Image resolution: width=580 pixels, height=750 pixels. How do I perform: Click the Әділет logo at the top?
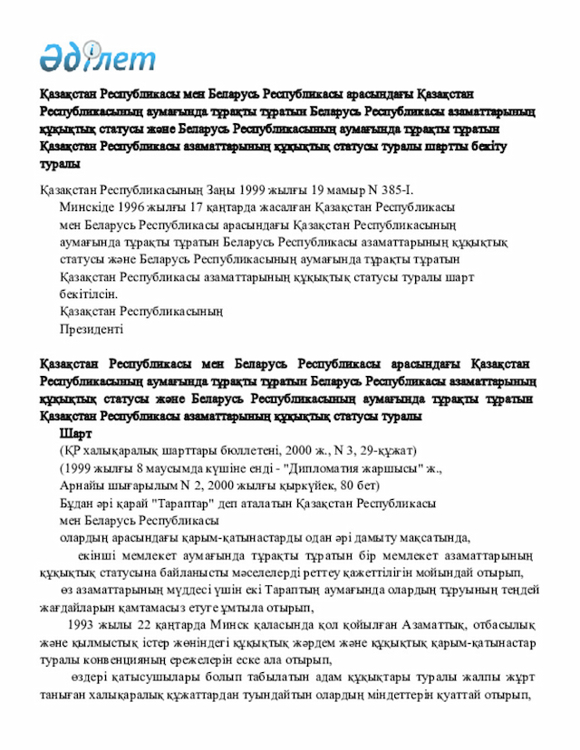click(97, 56)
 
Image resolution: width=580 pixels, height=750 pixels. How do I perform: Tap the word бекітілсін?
click(88, 294)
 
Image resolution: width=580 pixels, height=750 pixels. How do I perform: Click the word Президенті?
click(92, 329)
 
